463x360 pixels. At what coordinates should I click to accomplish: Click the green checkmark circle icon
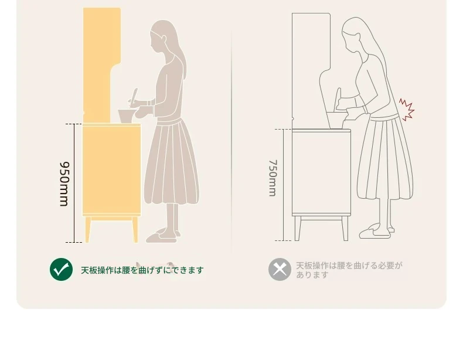click(x=61, y=269)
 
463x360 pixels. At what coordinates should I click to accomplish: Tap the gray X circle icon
click(x=280, y=269)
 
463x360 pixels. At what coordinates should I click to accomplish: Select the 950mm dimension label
click(x=64, y=184)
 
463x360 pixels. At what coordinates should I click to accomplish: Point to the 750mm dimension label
click(x=273, y=178)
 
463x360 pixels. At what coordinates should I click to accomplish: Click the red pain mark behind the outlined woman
click(x=407, y=109)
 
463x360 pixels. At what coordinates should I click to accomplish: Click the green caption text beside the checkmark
click(x=142, y=270)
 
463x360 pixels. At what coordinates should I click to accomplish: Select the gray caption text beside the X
click(x=349, y=270)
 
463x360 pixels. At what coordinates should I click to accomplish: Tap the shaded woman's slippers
click(x=163, y=235)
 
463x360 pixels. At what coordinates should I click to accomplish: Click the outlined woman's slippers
click(x=376, y=231)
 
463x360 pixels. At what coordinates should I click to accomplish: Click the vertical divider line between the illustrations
click(x=231, y=142)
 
